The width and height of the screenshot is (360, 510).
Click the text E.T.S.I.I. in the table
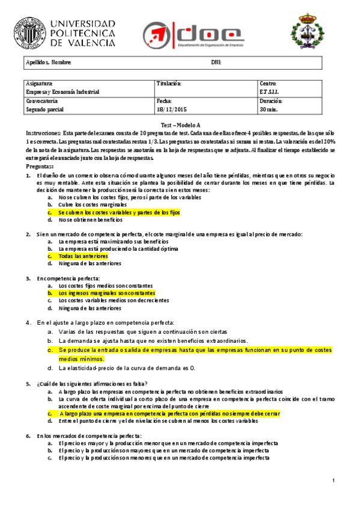(269, 92)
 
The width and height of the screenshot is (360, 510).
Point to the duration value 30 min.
(269, 109)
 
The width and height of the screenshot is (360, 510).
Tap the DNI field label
(216, 63)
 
